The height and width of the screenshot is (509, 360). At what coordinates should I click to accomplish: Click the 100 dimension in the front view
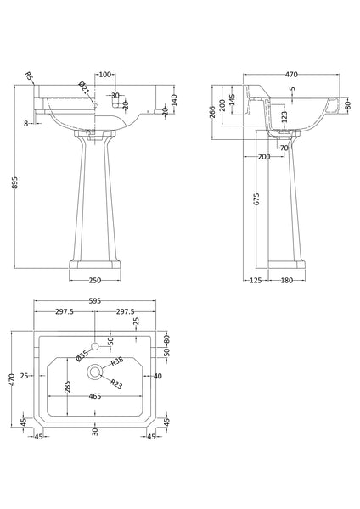coord(105,75)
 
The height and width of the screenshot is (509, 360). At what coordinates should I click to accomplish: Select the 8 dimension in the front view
coord(27,124)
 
